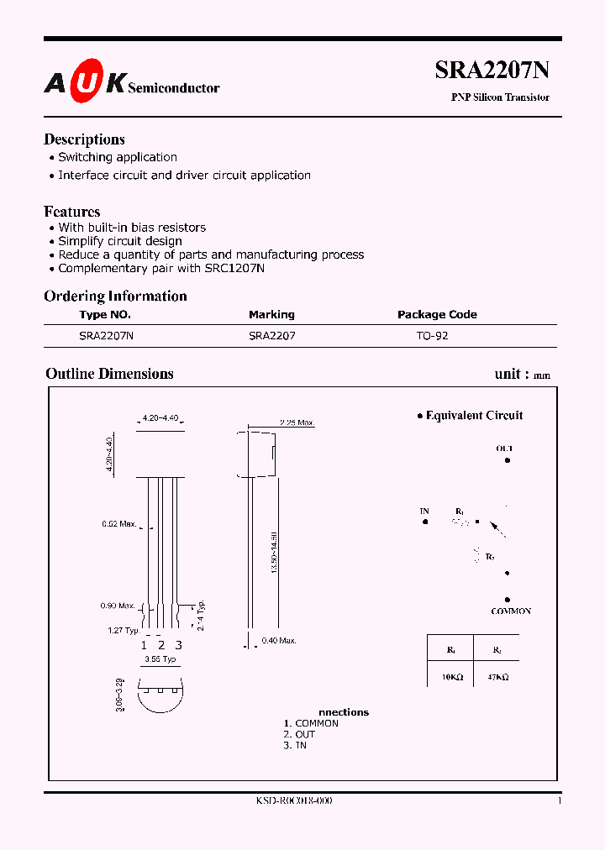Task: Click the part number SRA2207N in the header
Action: [x=492, y=71]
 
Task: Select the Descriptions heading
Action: [x=84, y=139]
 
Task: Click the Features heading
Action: [x=72, y=212]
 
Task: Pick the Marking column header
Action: [x=271, y=314]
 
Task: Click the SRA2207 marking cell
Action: [x=271, y=334]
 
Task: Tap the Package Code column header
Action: [x=437, y=314]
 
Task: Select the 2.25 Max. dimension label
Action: [x=296, y=422]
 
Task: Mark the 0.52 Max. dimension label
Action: [x=118, y=524]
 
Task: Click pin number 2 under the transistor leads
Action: [x=161, y=645]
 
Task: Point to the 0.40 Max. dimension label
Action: [x=279, y=641]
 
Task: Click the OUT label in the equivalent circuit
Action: [x=504, y=449]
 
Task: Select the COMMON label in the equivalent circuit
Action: [x=511, y=611]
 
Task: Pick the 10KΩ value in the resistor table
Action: [x=451, y=676]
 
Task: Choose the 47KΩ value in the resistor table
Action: [x=497, y=676]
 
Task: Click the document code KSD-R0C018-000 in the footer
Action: [x=294, y=801]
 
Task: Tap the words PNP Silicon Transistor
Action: [x=500, y=97]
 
